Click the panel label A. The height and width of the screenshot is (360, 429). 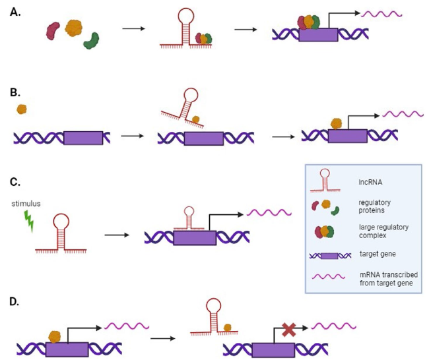pyautogui.click(x=15, y=11)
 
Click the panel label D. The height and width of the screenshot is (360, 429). pyautogui.click(x=15, y=303)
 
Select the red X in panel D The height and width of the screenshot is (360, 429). pyautogui.click(x=288, y=330)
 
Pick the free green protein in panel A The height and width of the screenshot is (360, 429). pyautogui.click(x=91, y=40)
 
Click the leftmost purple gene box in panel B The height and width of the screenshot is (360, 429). pyautogui.click(x=82, y=138)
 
